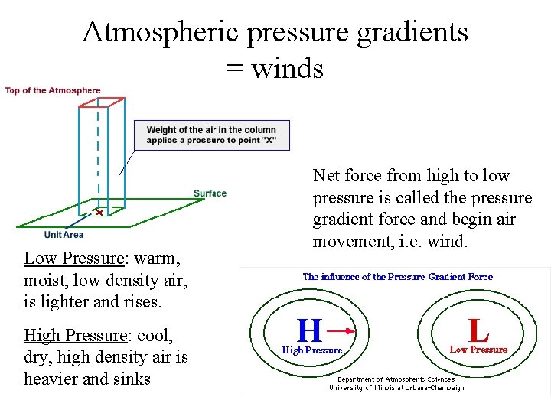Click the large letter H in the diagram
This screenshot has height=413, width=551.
[x=309, y=331]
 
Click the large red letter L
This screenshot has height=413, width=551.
[x=479, y=330]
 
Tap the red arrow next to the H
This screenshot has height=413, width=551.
[x=347, y=331]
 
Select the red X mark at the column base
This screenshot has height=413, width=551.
[x=99, y=212]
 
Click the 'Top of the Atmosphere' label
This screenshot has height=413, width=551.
[x=53, y=91]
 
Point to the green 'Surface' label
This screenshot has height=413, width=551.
[x=210, y=193]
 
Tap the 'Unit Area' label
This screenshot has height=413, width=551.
[x=64, y=235]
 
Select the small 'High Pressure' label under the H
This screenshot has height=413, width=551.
[x=312, y=350]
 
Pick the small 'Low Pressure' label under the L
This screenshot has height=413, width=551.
[x=478, y=350]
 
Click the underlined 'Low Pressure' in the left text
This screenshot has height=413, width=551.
[x=73, y=259]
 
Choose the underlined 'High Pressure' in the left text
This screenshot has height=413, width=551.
[x=75, y=335]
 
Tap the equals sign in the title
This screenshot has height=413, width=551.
[x=235, y=69]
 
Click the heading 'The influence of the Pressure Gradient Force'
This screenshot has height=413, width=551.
[x=398, y=277]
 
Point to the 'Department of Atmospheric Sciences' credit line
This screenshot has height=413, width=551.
[x=396, y=379]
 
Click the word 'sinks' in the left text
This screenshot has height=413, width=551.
[x=131, y=379]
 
